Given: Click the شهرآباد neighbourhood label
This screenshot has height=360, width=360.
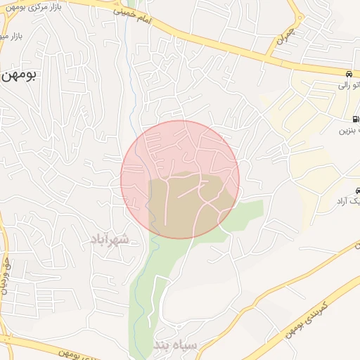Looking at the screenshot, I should pyautogui.click(x=109, y=240).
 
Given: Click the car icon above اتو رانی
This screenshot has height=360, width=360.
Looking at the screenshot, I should pyautogui.click(x=349, y=74).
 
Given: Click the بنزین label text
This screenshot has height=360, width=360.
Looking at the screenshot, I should pyautogui.click(x=349, y=131).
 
